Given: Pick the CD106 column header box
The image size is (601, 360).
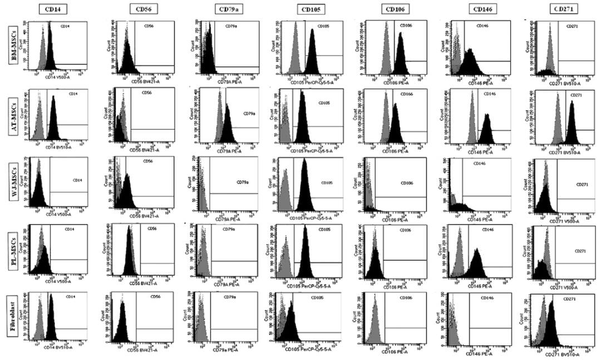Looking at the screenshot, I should pos(394,9).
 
